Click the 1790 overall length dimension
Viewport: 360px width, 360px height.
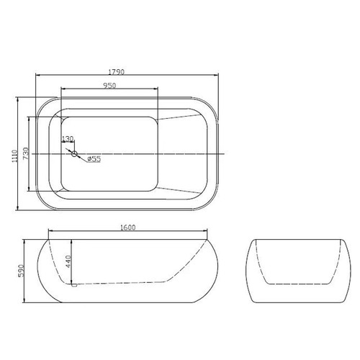[x=117, y=72]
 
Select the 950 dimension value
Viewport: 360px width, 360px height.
[x=110, y=86]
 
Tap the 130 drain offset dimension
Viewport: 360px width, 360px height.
[x=68, y=139]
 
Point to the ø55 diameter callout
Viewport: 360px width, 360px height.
[x=94, y=158]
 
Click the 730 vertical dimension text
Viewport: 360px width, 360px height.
[x=26, y=153]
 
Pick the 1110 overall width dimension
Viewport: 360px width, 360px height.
[x=14, y=156]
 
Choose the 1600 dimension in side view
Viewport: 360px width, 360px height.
[x=127, y=228]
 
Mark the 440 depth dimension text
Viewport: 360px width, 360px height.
[x=68, y=262]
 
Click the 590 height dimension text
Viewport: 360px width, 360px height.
[x=21, y=271]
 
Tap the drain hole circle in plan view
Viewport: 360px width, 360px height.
[x=74, y=154]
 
